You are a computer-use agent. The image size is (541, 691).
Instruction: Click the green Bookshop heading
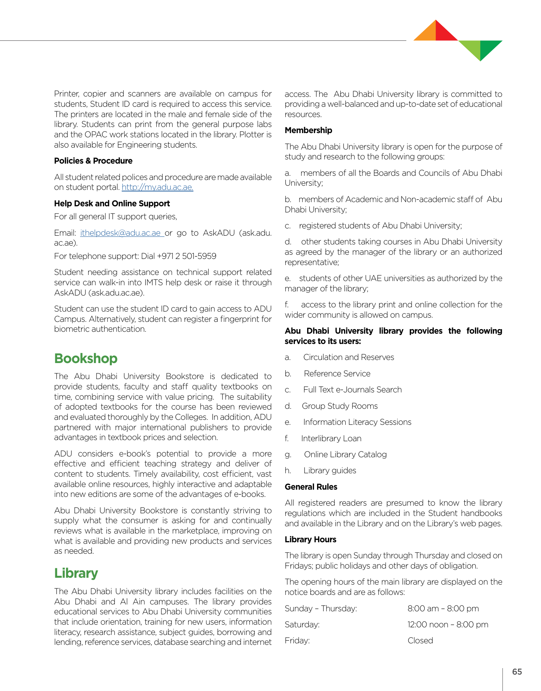(x=85, y=358)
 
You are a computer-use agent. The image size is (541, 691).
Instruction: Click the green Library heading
(x=76, y=573)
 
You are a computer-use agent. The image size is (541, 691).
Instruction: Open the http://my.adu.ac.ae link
(x=157, y=187)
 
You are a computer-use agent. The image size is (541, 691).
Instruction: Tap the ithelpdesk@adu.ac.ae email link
(x=121, y=233)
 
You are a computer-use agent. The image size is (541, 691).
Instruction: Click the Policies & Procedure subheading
(x=93, y=161)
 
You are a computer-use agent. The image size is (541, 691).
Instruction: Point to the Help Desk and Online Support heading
(x=112, y=204)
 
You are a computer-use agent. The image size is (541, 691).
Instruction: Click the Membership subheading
(x=308, y=130)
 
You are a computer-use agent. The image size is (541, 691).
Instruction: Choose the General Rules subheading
(x=311, y=487)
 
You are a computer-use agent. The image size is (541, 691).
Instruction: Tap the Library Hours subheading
(x=310, y=540)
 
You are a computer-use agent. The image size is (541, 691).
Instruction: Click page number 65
(x=517, y=672)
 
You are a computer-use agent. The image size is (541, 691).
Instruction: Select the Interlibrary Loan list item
(x=331, y=439)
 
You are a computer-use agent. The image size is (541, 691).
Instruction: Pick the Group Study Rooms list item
(x=340, y=406)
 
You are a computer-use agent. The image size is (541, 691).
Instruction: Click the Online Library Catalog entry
(x=345, y=455)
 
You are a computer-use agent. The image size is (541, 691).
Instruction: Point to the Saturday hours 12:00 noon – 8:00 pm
(x=448, y=625)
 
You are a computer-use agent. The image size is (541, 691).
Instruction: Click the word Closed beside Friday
(x=420, y=641)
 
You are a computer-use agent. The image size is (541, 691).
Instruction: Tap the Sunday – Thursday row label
(x=320, y=609)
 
